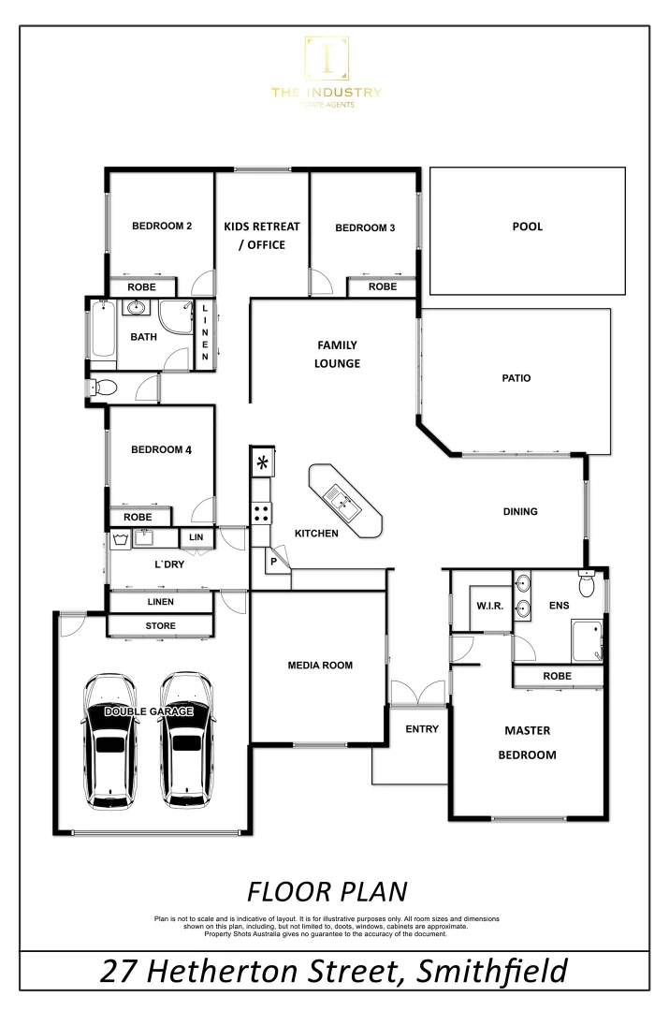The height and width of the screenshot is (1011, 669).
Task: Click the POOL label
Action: (x=527, y=227)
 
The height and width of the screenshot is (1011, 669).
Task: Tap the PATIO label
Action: (x=516, y=378)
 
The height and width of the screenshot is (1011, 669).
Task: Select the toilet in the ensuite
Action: (x=587, y=584)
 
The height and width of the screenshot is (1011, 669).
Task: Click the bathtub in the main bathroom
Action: (x=101, y=330)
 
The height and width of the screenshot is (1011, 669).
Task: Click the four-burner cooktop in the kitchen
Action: (x=262, y=512)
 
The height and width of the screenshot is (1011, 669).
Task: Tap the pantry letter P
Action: (x=274, y=562)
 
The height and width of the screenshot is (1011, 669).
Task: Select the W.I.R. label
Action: (x=489, y=606)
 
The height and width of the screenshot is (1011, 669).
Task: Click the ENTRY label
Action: (x=422, y=729)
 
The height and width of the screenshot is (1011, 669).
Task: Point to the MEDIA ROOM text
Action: (x=320, y=666)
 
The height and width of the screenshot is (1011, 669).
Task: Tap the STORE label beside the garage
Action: (x=160, y=625)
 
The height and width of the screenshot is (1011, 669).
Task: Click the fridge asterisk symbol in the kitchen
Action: (x=262, y=462)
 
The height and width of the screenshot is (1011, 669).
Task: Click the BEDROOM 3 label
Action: (x=365, y=227)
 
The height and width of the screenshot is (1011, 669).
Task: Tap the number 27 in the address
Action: (x=124, y=971)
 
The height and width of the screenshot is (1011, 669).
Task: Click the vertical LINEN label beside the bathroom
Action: (x=205, y=332)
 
